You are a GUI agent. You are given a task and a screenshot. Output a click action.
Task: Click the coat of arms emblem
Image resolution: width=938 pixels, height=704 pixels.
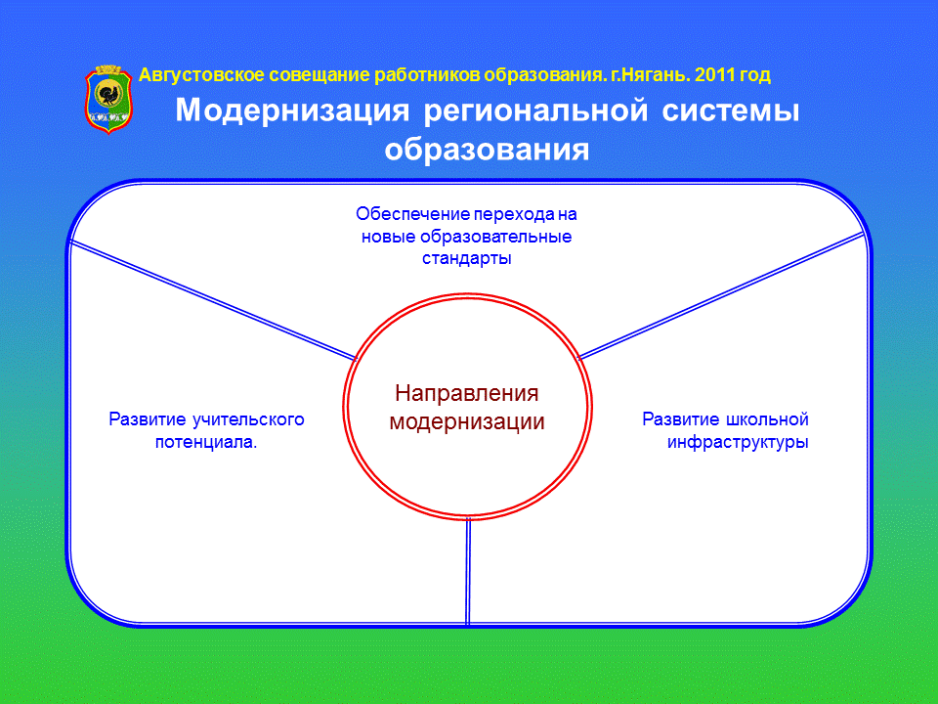108,99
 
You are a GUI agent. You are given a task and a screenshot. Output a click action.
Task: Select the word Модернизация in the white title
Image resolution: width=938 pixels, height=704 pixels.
292,111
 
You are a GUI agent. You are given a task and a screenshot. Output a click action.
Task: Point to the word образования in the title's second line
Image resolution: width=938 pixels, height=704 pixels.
487,149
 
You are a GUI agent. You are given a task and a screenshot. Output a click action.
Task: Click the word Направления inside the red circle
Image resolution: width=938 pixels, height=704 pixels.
467,393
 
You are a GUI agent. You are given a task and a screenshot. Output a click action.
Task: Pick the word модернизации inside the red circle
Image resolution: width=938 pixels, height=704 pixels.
467,421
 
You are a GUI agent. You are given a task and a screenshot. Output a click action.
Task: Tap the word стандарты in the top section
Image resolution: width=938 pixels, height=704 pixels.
467,258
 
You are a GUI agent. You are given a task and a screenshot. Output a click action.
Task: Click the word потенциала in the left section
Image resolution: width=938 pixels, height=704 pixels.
204,442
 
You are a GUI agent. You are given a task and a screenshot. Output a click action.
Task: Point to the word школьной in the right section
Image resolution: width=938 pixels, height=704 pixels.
767,419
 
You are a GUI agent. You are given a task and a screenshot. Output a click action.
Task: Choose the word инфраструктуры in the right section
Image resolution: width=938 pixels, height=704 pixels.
738,442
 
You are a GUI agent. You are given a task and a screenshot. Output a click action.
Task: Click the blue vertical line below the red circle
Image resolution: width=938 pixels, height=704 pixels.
468,572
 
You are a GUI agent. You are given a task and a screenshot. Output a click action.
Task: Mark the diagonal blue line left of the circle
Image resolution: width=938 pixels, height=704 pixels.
213,300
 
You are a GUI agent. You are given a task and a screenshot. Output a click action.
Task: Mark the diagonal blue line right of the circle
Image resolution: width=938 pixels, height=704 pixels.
721,295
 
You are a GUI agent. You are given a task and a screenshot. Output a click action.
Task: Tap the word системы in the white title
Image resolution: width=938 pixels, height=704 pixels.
731,111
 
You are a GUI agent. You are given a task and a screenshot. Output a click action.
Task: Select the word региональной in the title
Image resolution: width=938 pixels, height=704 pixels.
536,111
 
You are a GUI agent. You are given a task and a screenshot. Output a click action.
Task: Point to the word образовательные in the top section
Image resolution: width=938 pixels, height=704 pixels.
496,237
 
